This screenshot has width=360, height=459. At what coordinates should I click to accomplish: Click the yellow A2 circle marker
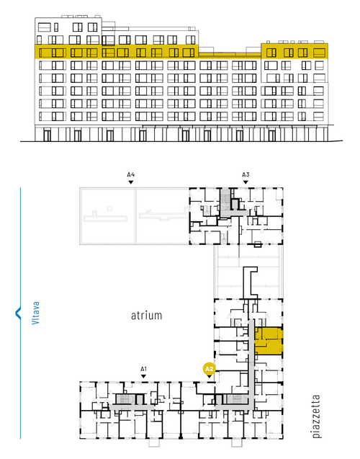209,368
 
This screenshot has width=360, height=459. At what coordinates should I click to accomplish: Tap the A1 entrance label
143,369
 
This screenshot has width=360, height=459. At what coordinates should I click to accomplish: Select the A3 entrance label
246,175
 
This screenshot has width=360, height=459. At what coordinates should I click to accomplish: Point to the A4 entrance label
131,175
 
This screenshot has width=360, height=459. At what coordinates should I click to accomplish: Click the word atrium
146,316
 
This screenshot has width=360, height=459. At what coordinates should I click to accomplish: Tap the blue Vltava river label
35,313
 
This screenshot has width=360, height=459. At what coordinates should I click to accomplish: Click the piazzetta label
316,416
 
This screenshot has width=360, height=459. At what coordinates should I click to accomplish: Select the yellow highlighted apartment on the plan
269,342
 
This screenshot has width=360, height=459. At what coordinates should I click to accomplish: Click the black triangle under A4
131,182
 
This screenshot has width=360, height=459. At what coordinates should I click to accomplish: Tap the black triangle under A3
246,182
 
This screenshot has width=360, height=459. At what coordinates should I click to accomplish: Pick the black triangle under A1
143,376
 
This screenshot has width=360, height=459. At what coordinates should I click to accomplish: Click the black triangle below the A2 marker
209,376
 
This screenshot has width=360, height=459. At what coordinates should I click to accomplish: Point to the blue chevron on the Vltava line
18,313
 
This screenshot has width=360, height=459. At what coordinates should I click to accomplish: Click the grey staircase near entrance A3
225,198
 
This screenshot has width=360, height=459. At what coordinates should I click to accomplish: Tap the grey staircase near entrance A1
125,399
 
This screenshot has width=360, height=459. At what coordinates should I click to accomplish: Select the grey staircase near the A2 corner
235,399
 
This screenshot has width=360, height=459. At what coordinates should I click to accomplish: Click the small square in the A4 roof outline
109,208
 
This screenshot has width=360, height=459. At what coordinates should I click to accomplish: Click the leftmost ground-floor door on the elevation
47,135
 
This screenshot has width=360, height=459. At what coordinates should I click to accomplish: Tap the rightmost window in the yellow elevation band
319,53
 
